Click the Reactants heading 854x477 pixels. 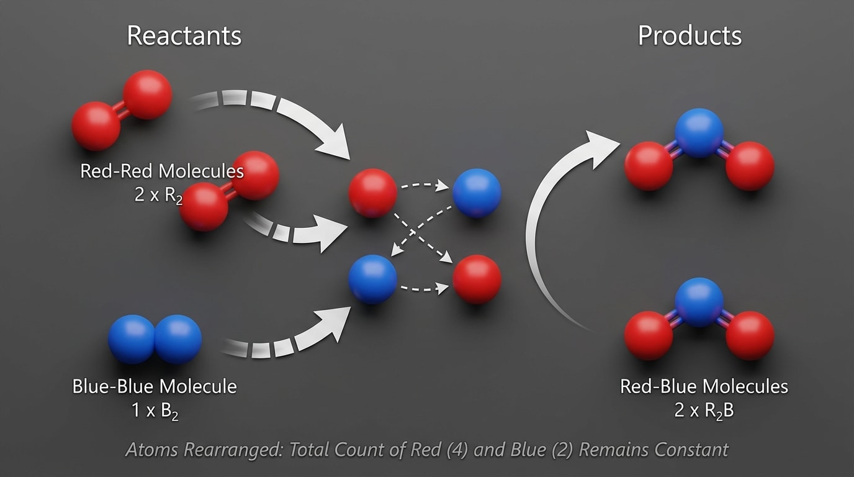184,36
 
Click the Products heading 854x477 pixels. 690,36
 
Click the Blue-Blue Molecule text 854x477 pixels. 155,386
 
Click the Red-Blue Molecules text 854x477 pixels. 704,386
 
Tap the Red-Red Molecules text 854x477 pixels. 162,171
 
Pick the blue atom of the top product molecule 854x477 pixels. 700,132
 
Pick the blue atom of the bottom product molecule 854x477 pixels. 699,302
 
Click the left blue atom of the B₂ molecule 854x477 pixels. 132,339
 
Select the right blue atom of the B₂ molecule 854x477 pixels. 178,339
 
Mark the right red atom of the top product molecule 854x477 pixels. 750,166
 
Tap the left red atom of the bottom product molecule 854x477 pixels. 649,335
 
